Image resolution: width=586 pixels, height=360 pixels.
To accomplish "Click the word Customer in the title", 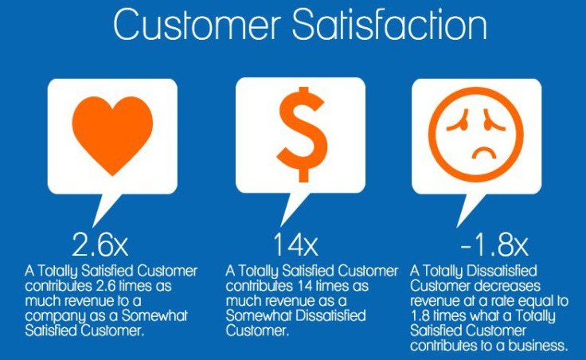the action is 197,25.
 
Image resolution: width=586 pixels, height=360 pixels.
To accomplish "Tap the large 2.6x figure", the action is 100,245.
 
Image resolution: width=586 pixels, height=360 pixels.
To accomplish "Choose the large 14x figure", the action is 295,245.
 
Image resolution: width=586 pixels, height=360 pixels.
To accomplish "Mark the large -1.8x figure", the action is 494,245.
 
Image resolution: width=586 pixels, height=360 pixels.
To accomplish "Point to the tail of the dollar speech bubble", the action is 293,209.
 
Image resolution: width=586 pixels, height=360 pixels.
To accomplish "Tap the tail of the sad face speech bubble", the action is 470,210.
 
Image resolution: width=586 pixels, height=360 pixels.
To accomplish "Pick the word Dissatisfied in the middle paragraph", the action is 330,316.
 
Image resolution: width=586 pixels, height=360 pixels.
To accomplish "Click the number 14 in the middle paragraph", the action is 305,287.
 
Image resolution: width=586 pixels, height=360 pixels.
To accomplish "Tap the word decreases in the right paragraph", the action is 507,287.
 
